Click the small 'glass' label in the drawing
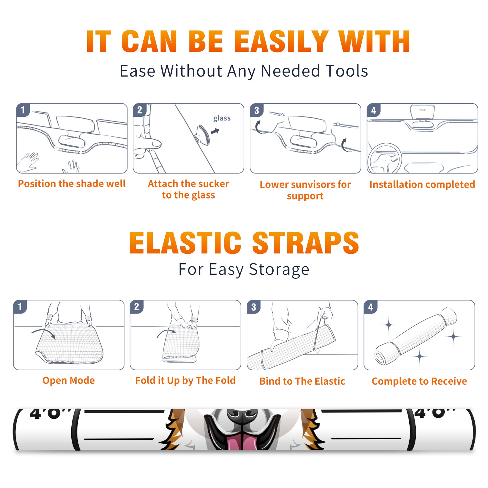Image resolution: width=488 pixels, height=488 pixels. tap(222, 118)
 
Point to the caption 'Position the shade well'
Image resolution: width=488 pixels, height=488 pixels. tap(72, 184)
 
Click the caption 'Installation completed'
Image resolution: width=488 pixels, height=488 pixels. tap(422, 185)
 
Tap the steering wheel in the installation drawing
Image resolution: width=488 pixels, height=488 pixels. tap(385, 159)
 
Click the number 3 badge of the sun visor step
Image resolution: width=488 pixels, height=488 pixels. tap(257, 110)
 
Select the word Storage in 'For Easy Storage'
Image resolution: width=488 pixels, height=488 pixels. tap(279, 270)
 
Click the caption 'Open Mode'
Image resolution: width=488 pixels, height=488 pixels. tap(69, 380)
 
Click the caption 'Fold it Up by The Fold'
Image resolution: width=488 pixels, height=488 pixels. tap(185, 380)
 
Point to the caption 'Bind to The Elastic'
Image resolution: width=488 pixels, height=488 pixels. tap(302, 381)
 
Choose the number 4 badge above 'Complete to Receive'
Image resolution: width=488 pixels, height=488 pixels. tap(371, 307)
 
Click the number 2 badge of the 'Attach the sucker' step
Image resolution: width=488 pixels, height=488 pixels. tap(140, 110)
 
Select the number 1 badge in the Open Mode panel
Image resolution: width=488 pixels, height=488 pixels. tap(20, 307)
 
